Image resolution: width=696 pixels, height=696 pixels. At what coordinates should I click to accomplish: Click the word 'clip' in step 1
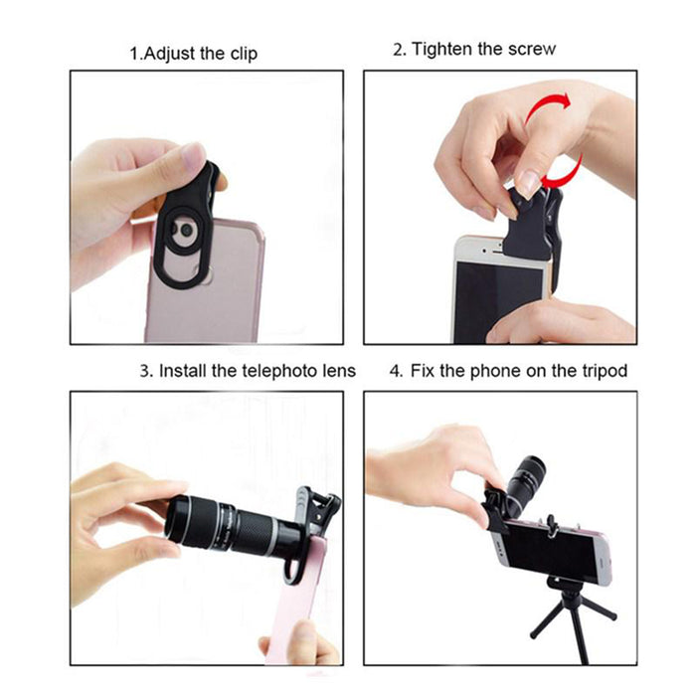pyautogui.click(x=244, y=54)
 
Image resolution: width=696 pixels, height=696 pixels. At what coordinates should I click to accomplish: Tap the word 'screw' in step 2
pyautogui.click(x=532, y=49)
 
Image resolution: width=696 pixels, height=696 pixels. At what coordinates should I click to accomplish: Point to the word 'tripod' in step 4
pyautogui.click(x=605, y=371)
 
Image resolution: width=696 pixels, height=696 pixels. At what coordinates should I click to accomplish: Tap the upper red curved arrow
pyautogui.click(x=548, y=106)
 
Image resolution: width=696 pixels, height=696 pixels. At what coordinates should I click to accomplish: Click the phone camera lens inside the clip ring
pyautogui.click(x=187, y=230)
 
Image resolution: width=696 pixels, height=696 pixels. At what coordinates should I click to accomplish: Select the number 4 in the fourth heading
pyautogui.click(x=395, y=371)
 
